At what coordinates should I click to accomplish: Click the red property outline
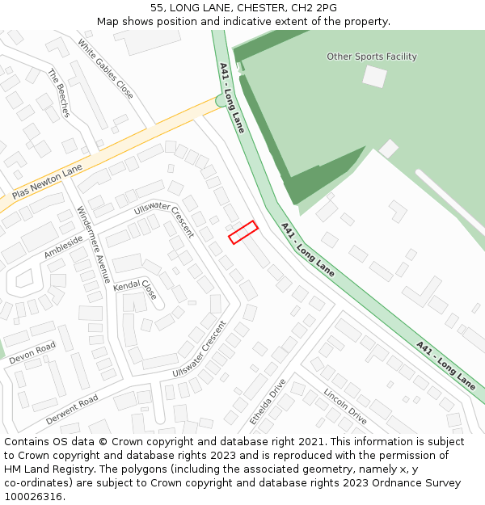pyautogui.click(x=242, y=232)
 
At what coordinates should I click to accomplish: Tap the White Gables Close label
pyautogui.click(x=105, y=69)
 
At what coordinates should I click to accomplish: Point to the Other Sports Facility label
pyautogui.click(x=372, y=57)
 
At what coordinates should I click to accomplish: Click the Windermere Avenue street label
pyautogui.click(x=94, y=245)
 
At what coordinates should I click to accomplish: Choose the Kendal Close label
pyautogui.click(x=135, y=288)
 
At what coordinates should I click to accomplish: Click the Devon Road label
pyautogui.click(x=32, y=354)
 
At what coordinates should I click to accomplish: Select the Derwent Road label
pyautogui.click(x=72, y=410)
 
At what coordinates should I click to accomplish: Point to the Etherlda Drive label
pyautogui.click(x=268, y=402)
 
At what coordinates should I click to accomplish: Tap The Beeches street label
pyautogui.click(x=60, y=93)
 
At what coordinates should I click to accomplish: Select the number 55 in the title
pyautogui.click(x=157, y=8)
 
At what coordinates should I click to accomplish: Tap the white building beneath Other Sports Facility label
pyautogui.click(x=374, y=76)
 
